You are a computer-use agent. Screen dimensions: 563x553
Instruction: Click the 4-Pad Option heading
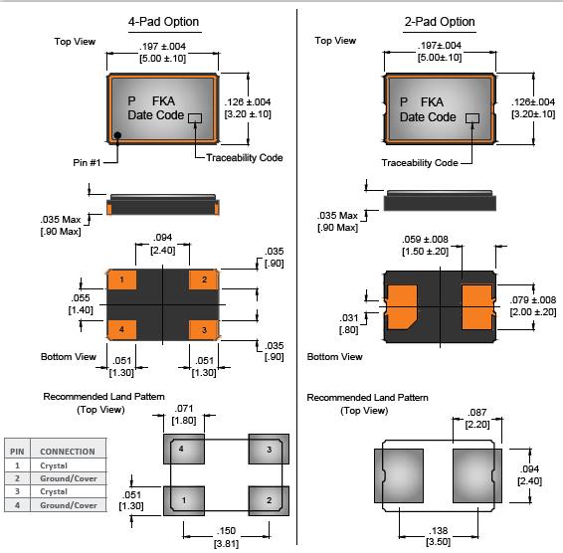164,22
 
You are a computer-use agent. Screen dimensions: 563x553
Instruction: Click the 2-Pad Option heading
440,22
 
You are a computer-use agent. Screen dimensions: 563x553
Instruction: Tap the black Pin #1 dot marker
117,135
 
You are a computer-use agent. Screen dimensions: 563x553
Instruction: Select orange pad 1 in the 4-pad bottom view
122,279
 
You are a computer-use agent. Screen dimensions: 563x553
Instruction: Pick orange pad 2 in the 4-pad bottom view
204,279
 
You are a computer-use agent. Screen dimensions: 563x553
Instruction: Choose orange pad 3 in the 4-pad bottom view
204,329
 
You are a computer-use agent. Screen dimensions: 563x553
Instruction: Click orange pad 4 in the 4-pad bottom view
122,329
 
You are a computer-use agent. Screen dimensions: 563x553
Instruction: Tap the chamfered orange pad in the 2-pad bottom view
401,307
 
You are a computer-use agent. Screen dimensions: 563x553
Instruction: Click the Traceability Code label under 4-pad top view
244,157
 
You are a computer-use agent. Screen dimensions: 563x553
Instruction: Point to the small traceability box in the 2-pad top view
472,118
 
